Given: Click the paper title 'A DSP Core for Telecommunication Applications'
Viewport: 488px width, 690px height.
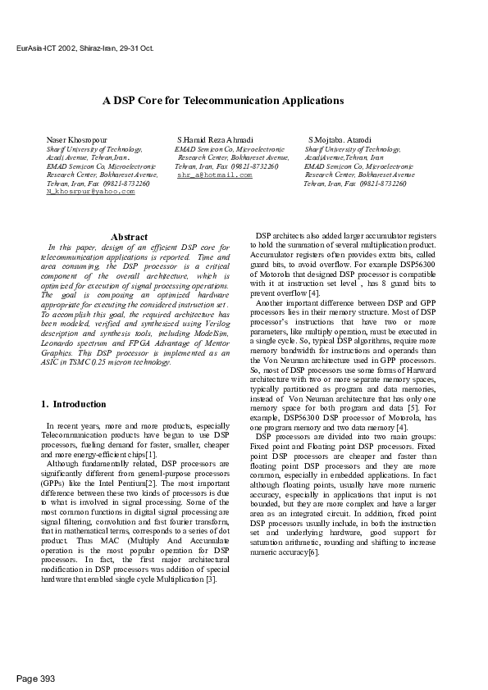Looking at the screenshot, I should click(x=222, y=101).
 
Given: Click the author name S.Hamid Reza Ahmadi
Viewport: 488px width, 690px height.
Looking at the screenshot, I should click(x=215, y=140).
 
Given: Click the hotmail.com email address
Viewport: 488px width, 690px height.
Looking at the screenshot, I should click(x=215, y=175).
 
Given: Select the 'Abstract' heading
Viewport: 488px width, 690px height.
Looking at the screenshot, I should click(x=129, y=237).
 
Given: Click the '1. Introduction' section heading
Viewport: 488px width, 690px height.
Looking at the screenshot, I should click(x=73, y=404).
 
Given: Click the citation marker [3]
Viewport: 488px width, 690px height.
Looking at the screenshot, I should click(x=211, y=579).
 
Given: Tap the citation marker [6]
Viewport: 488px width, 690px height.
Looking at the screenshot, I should click(x=313, y=552).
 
